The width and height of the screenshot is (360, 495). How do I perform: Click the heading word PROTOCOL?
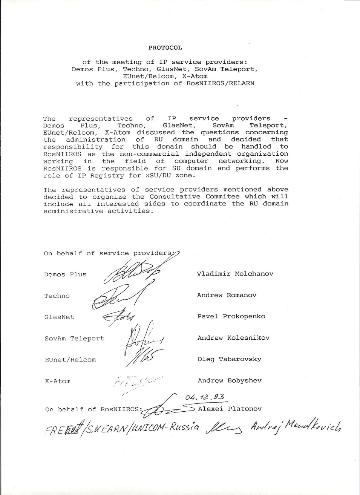165,48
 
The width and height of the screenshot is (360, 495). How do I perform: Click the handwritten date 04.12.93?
205,397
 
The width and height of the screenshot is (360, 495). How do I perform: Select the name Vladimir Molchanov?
235,274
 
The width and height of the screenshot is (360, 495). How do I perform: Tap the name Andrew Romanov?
227,295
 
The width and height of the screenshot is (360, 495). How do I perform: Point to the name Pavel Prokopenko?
231,316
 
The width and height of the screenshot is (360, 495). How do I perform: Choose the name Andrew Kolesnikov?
233,338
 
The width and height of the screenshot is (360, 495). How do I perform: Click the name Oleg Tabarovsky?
229,359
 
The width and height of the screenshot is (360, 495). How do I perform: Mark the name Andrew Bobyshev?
229,380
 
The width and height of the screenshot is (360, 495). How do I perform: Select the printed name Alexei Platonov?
230,409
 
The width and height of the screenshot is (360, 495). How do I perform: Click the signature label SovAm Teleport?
74,339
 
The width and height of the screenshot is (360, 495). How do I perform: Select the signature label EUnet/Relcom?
70,360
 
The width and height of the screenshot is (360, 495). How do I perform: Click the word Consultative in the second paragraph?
175,197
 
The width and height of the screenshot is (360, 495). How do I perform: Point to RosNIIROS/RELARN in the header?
220,83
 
